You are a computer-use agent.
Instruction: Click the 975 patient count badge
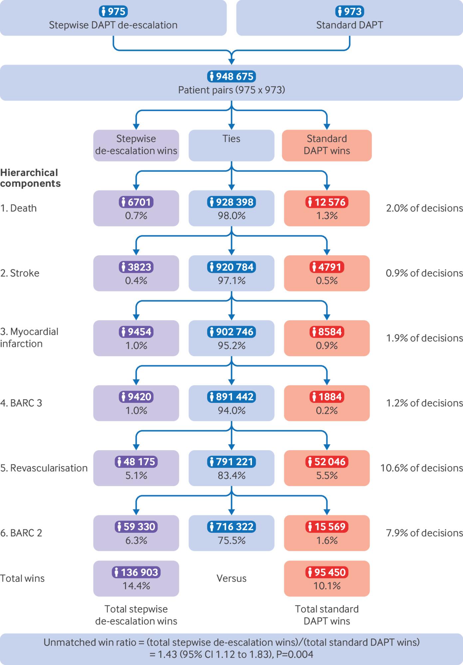coord(113,12)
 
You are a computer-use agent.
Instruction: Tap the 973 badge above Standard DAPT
coord(349,12)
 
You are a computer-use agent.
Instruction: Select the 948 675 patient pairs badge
coord(231,76)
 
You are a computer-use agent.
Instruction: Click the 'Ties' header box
coord(231,145)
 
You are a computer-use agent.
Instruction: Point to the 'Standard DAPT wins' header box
coord(327,145)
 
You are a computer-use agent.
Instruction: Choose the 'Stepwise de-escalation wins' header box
coord(136,145)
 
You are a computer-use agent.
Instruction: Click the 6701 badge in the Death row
coord(136,202)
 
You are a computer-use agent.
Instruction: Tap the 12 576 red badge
coord(327,202)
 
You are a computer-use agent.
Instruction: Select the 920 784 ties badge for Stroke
coord(231,267)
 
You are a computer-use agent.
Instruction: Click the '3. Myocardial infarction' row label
coord(29,337)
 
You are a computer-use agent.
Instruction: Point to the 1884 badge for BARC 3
coord(327,396)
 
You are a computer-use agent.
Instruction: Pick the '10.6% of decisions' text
coord(422,468)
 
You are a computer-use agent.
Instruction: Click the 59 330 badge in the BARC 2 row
coord(136,526)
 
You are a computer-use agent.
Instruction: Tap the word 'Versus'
coord(231,578)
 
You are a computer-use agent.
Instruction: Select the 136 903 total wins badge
coord(136,572)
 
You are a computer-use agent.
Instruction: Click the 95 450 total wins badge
coord(327,572)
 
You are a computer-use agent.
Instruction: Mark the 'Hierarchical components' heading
coord(30,178)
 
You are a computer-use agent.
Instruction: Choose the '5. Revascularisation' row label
coord(44,468)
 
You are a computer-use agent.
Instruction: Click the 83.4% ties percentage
coord(231,475)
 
